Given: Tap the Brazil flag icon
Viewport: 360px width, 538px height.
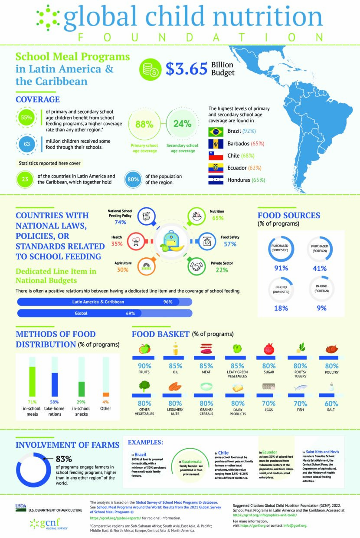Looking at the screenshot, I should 216,131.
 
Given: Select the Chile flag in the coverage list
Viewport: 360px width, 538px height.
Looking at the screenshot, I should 216,156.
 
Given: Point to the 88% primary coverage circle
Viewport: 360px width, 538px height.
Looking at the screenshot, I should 144,124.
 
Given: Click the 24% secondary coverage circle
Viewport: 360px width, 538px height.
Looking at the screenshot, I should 182,124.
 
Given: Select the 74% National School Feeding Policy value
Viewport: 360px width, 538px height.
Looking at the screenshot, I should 120,222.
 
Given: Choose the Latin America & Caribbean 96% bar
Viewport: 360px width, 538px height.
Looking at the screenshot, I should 104,302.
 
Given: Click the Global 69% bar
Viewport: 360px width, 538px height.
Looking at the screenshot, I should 104,313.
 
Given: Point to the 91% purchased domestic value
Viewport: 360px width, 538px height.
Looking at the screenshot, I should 281,268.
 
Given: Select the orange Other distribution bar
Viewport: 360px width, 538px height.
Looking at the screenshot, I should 105,394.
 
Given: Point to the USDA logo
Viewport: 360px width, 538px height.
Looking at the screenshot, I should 21,506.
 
